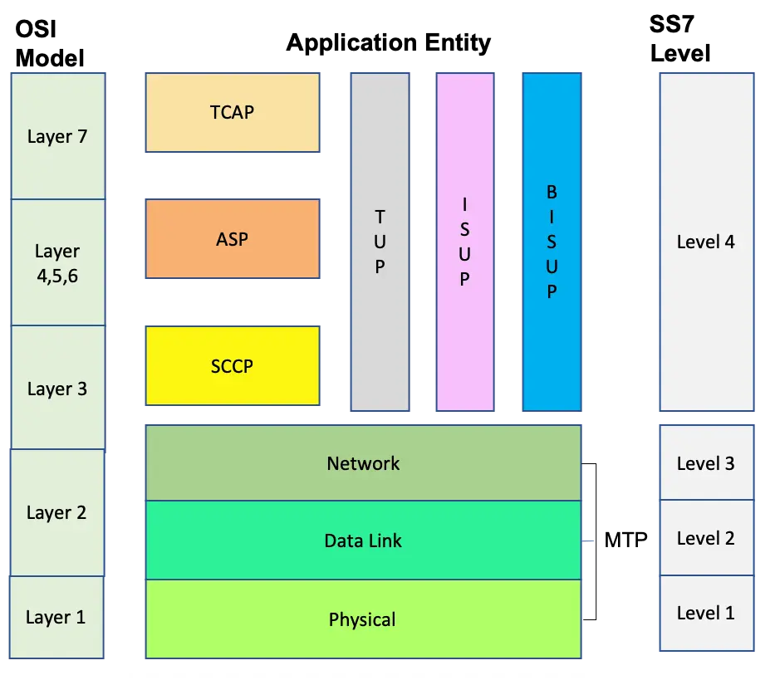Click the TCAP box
pos(232,112)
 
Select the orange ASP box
pos(232,238)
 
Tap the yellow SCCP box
pos(232,365)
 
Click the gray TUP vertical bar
pos(380,242)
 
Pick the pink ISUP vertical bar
pos(464,242)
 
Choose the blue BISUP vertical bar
pos(552,242)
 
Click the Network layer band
pos(363,463)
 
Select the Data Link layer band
pos(363,541)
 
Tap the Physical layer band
pos(363,619)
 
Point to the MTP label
pos(625,540)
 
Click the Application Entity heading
pos(388,43)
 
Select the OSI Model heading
pos(50,44)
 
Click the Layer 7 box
pos(57,136)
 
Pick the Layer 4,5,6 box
pos(57,263)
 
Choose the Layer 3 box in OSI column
pos(57,389)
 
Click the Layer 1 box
pos(56,617)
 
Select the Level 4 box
pos(706,242)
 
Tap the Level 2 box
pos(706,538)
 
